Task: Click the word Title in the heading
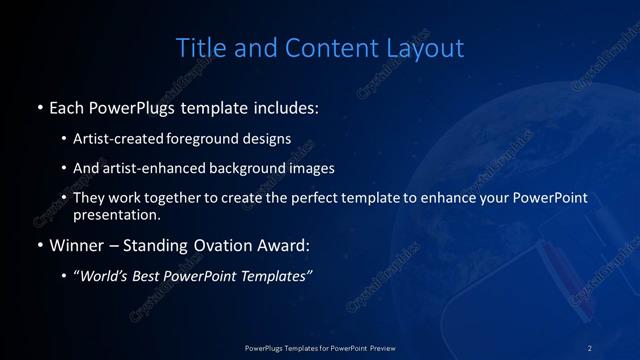point(198,47)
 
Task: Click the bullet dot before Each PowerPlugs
point(39,107)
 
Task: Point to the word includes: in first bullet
point(289,107)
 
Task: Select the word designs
point(268,138)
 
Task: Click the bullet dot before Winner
point(39,245)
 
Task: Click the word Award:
point(286,245)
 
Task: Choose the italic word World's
point(104,276)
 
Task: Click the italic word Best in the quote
point(149,276)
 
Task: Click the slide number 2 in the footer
point(590,347)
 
